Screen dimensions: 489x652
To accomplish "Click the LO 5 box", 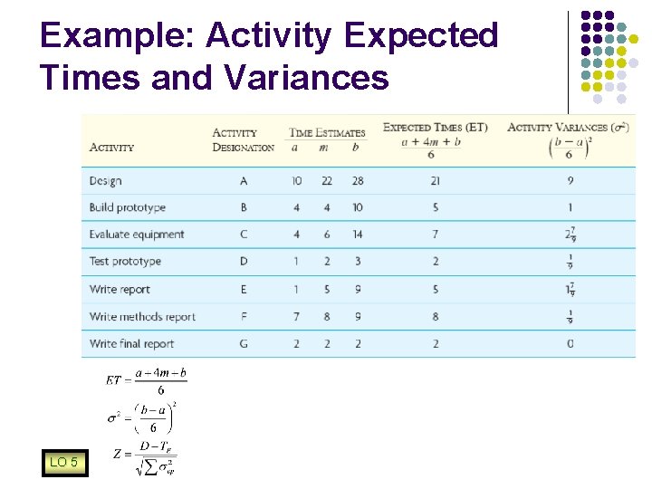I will click(x=63, y=463).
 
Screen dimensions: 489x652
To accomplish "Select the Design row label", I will click(x=105, y=181).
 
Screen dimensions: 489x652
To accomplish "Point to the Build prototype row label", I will click(x=127, y=207).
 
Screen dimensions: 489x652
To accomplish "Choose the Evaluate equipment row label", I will click(x=136, y=235).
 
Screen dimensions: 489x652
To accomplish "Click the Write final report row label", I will click(x=131, y=344).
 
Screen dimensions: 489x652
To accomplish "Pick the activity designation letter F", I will click(x=243, y=317).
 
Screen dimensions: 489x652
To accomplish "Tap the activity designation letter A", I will click(x=243, y=181).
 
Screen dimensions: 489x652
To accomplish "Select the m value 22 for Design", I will click(x=326, y=181).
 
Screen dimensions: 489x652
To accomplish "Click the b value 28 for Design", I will click(x=358, y=181).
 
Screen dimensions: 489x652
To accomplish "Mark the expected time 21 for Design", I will click(x=436, y=181).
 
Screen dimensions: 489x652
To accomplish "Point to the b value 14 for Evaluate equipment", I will click(x=358, y=235).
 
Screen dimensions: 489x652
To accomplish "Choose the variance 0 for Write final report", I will click(x=570, y=344).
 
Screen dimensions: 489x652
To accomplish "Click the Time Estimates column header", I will click(x=327, y=132).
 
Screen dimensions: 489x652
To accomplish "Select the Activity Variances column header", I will click(x=569, y=127).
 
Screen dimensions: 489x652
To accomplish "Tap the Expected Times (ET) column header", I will click(x=435, y=127).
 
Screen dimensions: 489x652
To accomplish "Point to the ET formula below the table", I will click(x=145, y=380).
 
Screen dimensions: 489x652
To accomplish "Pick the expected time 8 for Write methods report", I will click(x=436, y=317).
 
